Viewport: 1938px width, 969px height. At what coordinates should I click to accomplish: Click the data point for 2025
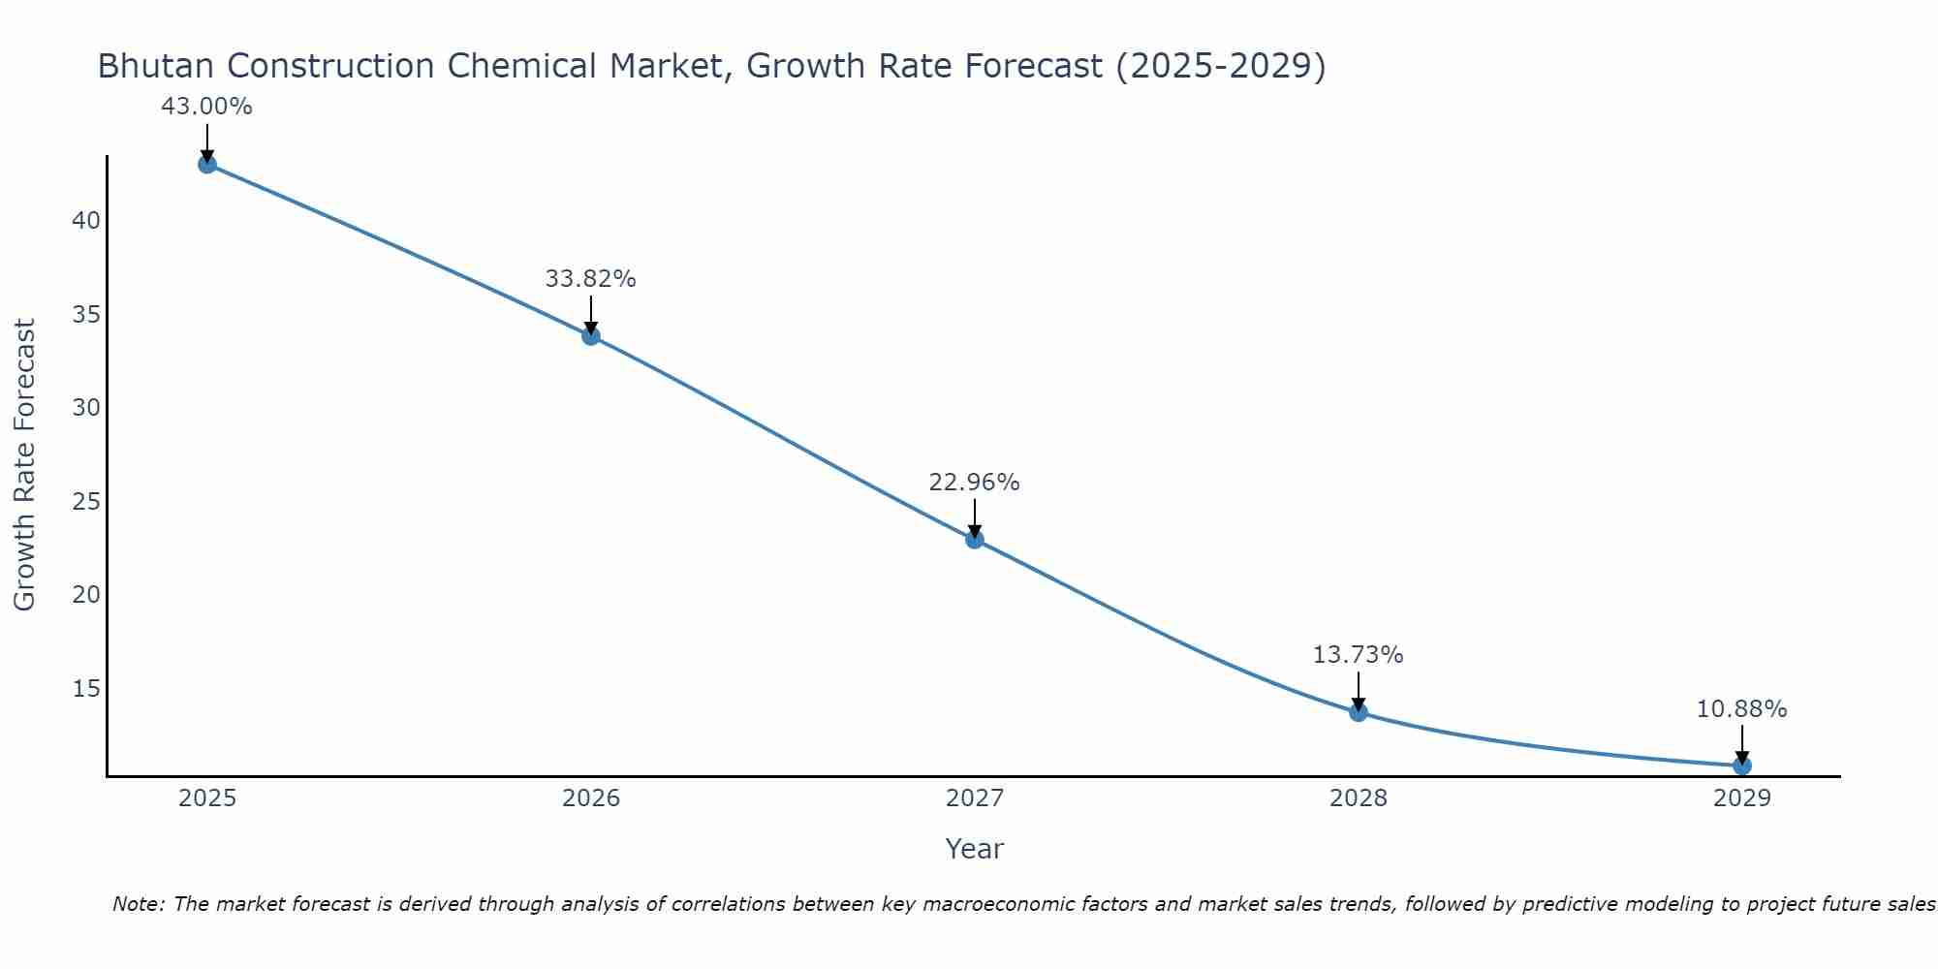207,164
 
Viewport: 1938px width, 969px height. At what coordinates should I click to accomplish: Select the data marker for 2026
591,336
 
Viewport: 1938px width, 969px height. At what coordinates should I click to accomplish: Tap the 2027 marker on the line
975,540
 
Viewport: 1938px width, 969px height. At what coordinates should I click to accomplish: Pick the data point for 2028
1359,712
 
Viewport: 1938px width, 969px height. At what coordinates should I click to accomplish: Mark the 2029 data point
1742,766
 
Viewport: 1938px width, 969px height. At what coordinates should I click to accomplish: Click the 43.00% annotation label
206,107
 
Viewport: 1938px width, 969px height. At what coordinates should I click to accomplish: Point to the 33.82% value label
590,279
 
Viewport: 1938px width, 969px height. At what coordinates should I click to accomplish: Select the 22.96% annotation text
974,483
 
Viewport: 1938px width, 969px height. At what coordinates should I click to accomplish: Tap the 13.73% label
1358,655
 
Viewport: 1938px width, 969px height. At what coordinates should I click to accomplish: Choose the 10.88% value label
1741,709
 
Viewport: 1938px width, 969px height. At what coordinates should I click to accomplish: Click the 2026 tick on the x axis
591,798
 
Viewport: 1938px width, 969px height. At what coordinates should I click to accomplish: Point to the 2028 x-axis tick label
1359,798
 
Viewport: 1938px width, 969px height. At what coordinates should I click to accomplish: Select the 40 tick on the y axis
86,221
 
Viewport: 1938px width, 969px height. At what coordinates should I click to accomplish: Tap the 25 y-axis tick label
86,502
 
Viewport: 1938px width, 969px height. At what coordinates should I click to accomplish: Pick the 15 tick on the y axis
86,689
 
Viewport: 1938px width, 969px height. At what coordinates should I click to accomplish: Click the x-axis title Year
974,849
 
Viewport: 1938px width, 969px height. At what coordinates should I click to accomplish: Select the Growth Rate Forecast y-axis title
24,465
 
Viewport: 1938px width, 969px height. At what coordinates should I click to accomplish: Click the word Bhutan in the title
156,66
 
